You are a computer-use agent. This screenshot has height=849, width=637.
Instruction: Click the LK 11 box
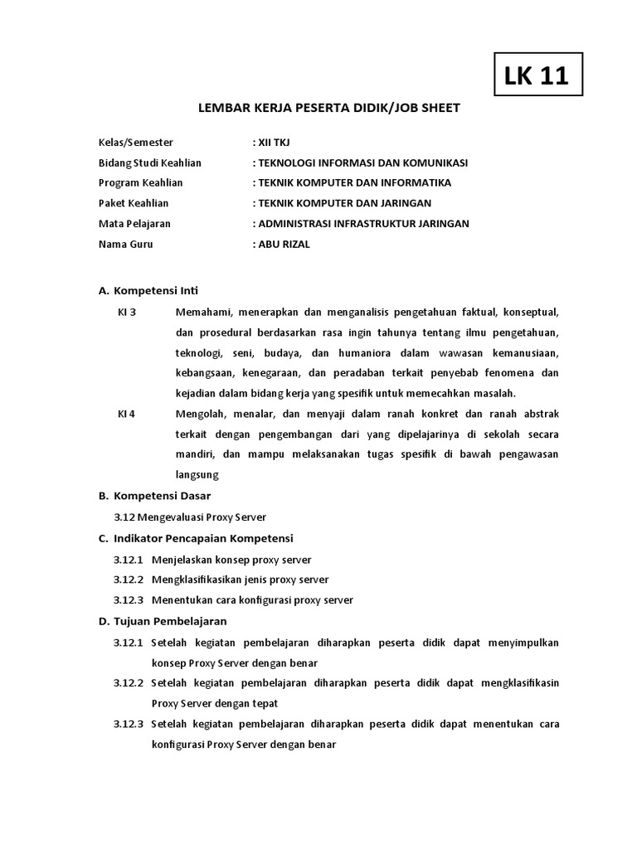pos(537,76)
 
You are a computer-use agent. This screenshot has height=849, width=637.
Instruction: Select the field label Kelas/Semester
pos(136,143)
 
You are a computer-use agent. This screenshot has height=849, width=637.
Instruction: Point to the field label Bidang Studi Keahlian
pos(150,163)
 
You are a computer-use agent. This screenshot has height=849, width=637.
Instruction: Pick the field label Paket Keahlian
pos(134,203)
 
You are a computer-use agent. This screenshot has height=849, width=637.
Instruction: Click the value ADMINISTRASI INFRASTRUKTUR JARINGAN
pos(360,223)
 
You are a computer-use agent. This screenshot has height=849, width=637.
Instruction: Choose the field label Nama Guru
pos(126,244)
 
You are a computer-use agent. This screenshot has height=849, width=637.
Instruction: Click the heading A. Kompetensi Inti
pos(148,291)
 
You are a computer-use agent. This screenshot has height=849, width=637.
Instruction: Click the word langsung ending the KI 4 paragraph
pos(197,475)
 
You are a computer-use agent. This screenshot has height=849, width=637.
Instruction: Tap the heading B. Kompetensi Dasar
pos(154,496)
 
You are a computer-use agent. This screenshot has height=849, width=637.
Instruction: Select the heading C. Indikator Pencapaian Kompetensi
pos(196,538)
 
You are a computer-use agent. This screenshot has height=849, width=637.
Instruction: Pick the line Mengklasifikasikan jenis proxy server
pos(241,580)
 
